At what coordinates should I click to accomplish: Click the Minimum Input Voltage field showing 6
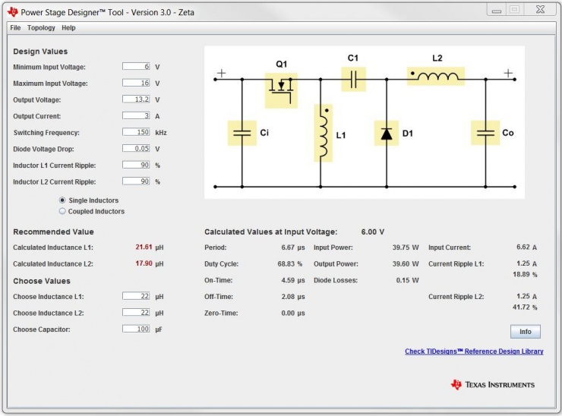coord(137,67)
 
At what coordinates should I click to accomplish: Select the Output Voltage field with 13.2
coord(137,100)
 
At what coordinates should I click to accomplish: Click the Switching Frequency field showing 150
coord(137,132)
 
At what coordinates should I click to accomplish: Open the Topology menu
coord(41,28)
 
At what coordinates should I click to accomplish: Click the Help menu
coord(68,28)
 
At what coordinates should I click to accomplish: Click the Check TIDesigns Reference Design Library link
coord(474,351)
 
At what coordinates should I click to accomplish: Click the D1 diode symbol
coord(386,134)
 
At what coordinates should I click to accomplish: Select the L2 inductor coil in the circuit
coord(435,76)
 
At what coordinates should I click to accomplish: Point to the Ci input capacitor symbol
coord(242,133)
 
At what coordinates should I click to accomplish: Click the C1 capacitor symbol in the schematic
coord(353,78)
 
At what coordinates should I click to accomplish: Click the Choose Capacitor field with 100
coord(137,329)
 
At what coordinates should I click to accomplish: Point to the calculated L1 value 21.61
coord(144,247)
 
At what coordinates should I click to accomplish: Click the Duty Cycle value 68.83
coord(287,264)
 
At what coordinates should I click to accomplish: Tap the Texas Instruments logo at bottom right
coord(493,385)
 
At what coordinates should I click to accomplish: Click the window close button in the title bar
coord(540,9)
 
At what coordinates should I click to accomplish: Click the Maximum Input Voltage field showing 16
coord(137,84)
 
